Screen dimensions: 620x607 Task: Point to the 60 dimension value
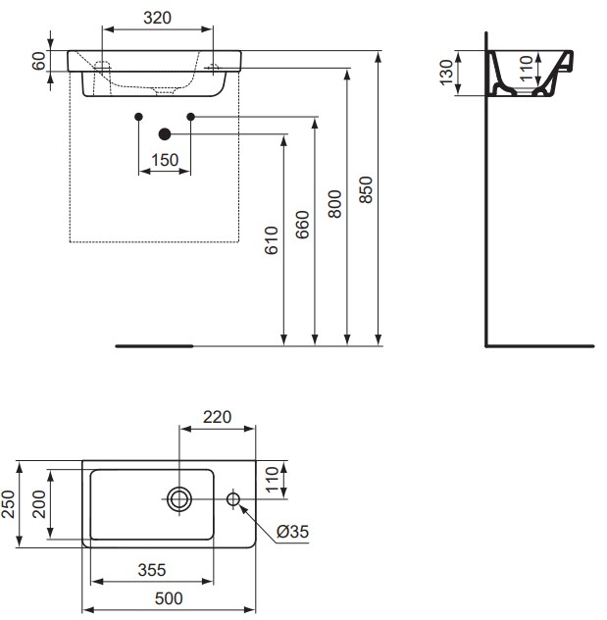[39, 61]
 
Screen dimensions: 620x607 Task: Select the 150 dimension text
[165, 160]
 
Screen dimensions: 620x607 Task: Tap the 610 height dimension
[272, 240]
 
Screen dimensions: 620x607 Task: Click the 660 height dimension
[302, 228]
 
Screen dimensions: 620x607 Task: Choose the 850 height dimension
[367, 189]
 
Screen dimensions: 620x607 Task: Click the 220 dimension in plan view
[216, 416]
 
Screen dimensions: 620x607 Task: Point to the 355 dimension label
[150, 568]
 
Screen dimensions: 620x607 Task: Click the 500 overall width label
[168, 595]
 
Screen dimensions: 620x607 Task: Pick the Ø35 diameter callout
[292, 531]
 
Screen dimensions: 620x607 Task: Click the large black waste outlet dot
[164, 134]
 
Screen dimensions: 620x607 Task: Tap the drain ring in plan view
[180, 499]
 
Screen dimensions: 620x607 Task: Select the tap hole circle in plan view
[233, 499]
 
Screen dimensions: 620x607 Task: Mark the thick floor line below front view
[154, 346]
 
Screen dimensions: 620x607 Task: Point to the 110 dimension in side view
[526, 67]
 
